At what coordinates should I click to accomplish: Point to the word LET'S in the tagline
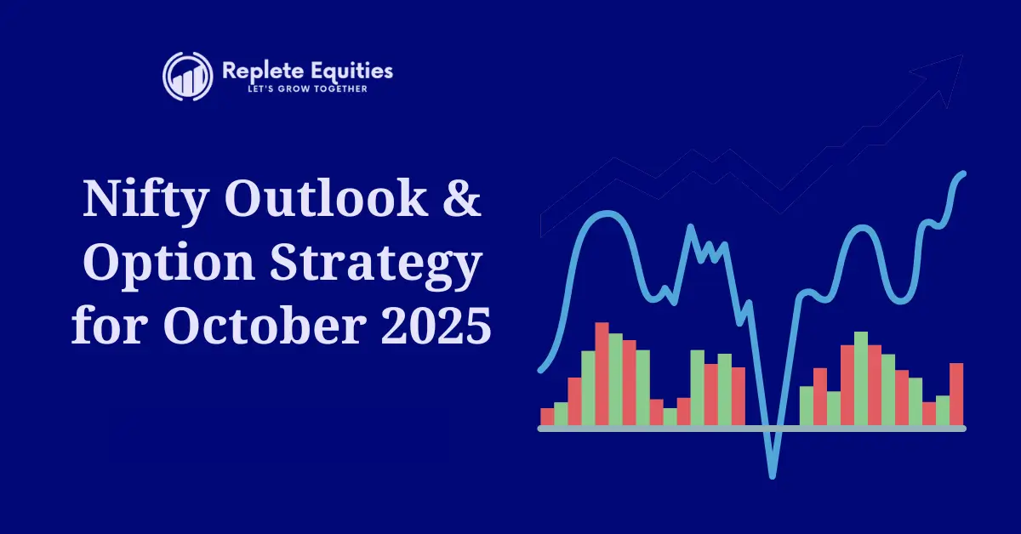pyautogui.click(x=233, y=89)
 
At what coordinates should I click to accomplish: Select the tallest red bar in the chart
pyautogui.click(x=602, y=374)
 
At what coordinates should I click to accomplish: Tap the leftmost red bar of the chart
pyautogui.click(x=547, y=417)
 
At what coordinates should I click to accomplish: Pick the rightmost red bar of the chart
pyautogui.click(x=956, y=394)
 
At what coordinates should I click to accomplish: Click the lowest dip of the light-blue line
pyautogui.click(x=773, y=472)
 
